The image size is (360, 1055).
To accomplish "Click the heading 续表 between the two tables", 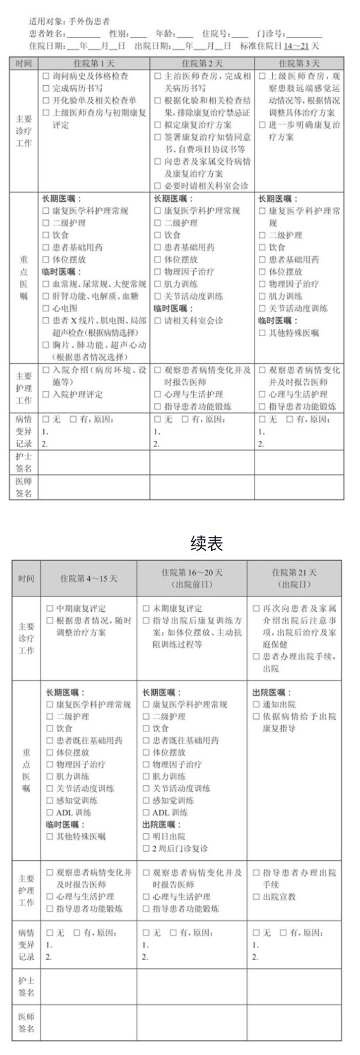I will pos(207,544).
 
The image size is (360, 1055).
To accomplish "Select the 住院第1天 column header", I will pos(94,63).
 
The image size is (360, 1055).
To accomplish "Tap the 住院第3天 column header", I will pos(299,63).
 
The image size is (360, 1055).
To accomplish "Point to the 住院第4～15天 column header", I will pos(89,579).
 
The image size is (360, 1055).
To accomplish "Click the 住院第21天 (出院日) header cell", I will pos(294,578).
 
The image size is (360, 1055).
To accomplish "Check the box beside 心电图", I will pos(46,308).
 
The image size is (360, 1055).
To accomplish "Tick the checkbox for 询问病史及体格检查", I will pos(46,76).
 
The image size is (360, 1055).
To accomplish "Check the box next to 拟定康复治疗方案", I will pos(157,125).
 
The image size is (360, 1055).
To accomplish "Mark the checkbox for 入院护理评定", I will pos(46,395).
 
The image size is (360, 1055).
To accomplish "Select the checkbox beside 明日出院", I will pos(146,836).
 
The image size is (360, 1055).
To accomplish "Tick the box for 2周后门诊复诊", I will pos(146,848).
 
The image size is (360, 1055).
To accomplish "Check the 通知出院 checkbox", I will pos(256,704).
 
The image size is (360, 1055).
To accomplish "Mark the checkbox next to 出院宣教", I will pos(256,896).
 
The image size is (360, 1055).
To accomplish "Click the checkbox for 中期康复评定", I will pos(50,608).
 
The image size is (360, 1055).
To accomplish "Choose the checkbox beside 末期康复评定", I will pos(146,608).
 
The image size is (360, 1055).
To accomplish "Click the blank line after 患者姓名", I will pos(84,35).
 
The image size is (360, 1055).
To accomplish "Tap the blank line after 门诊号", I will pos(303,35).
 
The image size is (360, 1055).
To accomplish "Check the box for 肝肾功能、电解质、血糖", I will pos(46,296).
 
